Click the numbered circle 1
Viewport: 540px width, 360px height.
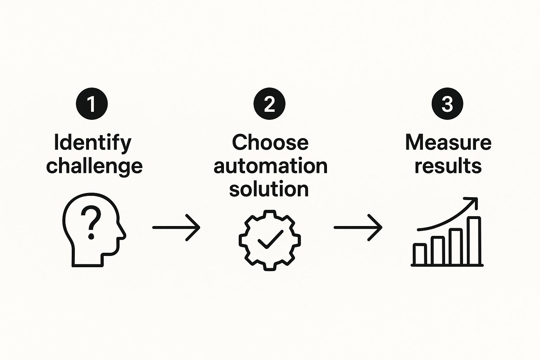point(92,104)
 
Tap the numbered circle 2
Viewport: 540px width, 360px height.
point(269,104)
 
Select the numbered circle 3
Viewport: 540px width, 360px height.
point(447,104)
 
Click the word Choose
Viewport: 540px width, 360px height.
point(270,142)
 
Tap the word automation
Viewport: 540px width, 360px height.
point(270,166)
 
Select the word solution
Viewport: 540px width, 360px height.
point(269,189)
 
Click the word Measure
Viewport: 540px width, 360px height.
point(448,142)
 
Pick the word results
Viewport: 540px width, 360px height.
point(448,166)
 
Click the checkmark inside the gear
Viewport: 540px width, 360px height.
point(270,239)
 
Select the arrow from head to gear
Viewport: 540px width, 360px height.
point(176,227)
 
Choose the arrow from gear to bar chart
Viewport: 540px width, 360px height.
point(358,227)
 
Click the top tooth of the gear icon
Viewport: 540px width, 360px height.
point(270,214)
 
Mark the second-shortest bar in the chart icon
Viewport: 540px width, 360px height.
point(438,251)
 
